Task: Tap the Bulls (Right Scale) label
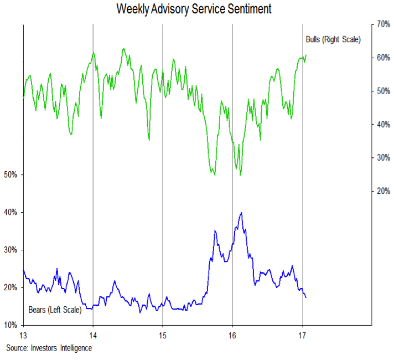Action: (x=333, y=39)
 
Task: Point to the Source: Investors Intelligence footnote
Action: (x=49, y=348)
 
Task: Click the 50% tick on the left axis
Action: (x=11, y=175)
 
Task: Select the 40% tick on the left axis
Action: (x=11, y=213)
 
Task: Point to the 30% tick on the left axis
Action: (x=11, y=250)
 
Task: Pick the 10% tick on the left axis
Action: (x=11, y=325)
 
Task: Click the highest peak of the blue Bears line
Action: (x=241, y=213)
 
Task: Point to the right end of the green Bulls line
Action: (x=306, y=55)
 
